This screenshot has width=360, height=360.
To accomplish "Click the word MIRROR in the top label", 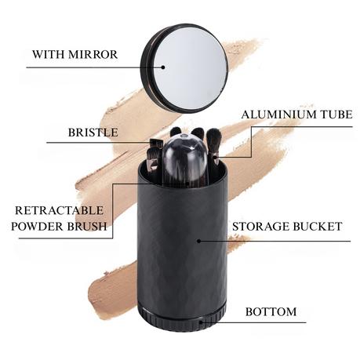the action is (x=93, y=54).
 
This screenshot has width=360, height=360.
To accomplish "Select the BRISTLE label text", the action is (x=93, y=133).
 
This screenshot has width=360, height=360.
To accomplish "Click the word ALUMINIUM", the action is (x=279, y=115).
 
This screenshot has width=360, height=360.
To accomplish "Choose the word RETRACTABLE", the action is (x=60, y=210).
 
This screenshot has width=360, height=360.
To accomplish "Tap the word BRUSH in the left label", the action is (x=87, y=226).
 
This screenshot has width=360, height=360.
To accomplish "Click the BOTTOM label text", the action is (x=271, y=311).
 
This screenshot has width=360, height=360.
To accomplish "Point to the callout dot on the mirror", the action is (x=163, y=67).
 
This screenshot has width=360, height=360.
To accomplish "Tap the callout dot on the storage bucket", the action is (x=198, y=241).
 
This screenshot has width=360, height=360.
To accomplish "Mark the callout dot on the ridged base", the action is (x=201, y=322).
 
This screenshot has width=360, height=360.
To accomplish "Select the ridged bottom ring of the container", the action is (x=182, y=318).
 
